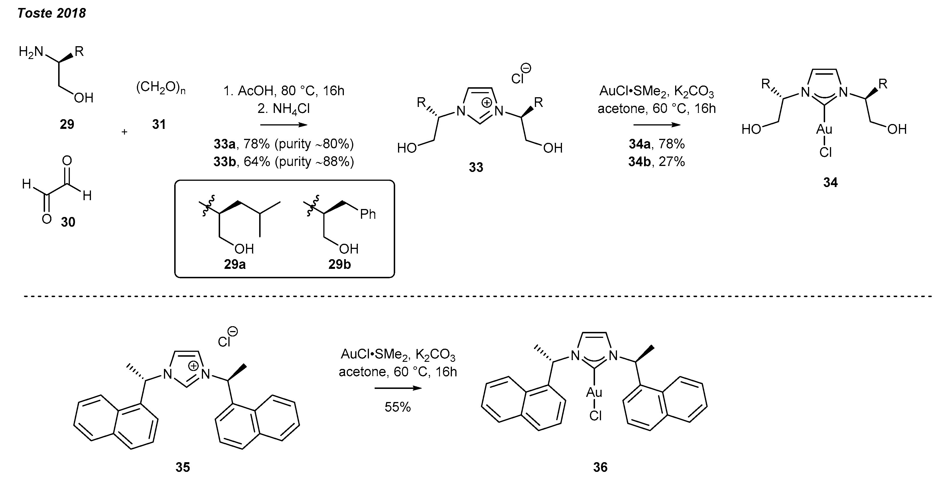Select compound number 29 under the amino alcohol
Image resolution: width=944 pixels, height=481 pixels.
(67, 125)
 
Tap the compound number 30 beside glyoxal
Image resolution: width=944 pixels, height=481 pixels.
(68, 222)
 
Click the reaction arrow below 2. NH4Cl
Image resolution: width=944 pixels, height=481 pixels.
(284, 125)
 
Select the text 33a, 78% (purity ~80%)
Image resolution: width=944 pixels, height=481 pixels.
(284, 144)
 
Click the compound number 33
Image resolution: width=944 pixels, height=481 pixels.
(476, 167)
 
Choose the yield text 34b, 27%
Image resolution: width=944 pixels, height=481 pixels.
(656, 162)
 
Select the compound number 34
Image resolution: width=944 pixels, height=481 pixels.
(831, 182)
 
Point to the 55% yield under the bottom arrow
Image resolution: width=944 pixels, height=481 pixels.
(398, 407)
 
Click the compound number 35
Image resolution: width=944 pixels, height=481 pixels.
(183, 467)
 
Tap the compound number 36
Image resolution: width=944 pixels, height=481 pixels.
(600, 467)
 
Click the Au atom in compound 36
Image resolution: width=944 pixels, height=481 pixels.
(594, 393)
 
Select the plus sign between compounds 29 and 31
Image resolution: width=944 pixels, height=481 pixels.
(125, 132)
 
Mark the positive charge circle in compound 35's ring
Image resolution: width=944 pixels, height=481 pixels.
(194, 366)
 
